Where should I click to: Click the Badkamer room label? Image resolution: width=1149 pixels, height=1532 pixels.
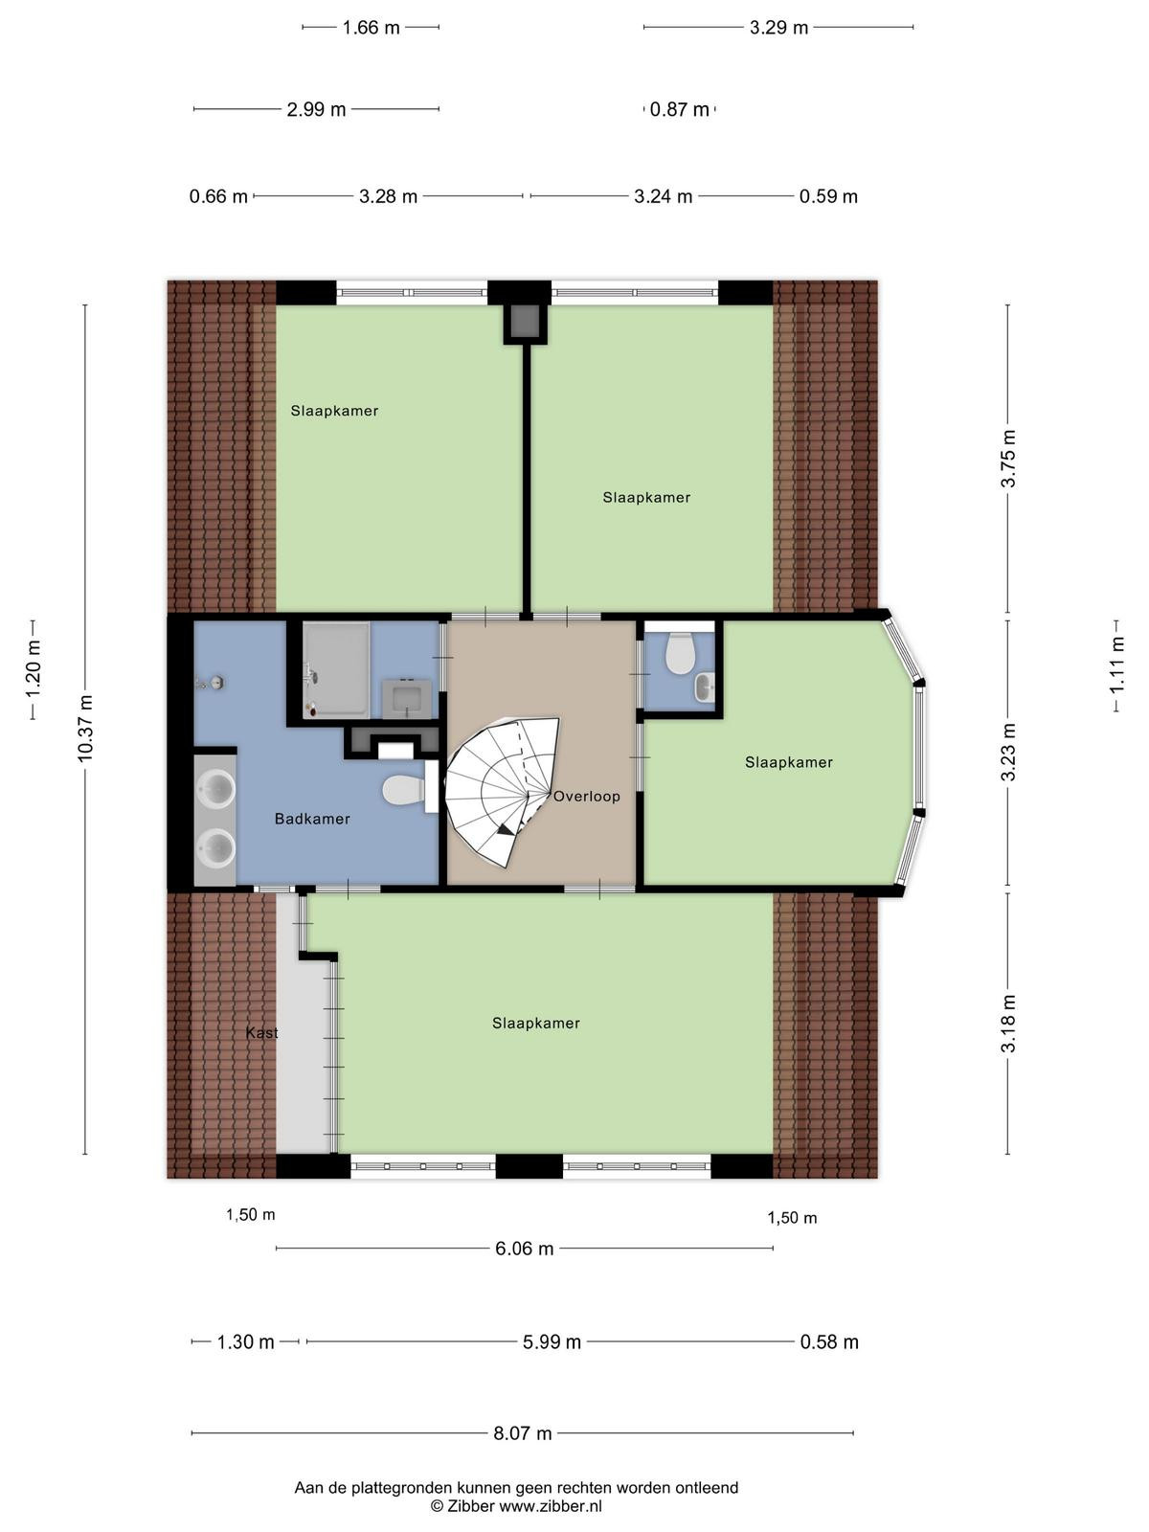312,819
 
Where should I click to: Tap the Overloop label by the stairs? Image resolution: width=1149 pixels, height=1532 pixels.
587,797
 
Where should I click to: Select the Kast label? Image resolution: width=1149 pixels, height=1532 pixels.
261,1032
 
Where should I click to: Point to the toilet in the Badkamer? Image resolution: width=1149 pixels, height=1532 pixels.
404,790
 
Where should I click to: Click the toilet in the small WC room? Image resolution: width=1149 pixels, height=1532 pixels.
678,653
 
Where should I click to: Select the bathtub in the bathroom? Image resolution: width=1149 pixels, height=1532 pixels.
336,671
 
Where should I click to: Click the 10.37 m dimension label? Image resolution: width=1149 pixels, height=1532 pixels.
85,728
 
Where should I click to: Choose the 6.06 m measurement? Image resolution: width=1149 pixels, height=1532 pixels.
524,1248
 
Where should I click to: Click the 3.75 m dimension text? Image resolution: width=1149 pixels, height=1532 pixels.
1008,459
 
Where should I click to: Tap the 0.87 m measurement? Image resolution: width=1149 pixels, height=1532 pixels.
679,109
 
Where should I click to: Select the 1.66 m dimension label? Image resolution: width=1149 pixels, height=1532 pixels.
371,27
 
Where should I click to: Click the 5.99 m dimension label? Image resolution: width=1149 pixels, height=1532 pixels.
552,1341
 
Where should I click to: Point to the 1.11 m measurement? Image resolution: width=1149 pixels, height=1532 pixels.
1116,665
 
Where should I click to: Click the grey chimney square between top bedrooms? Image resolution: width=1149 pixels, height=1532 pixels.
526,322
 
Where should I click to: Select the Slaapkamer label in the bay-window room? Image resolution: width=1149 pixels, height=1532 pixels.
788,762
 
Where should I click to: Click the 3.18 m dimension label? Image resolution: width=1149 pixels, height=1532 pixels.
1008,1024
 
